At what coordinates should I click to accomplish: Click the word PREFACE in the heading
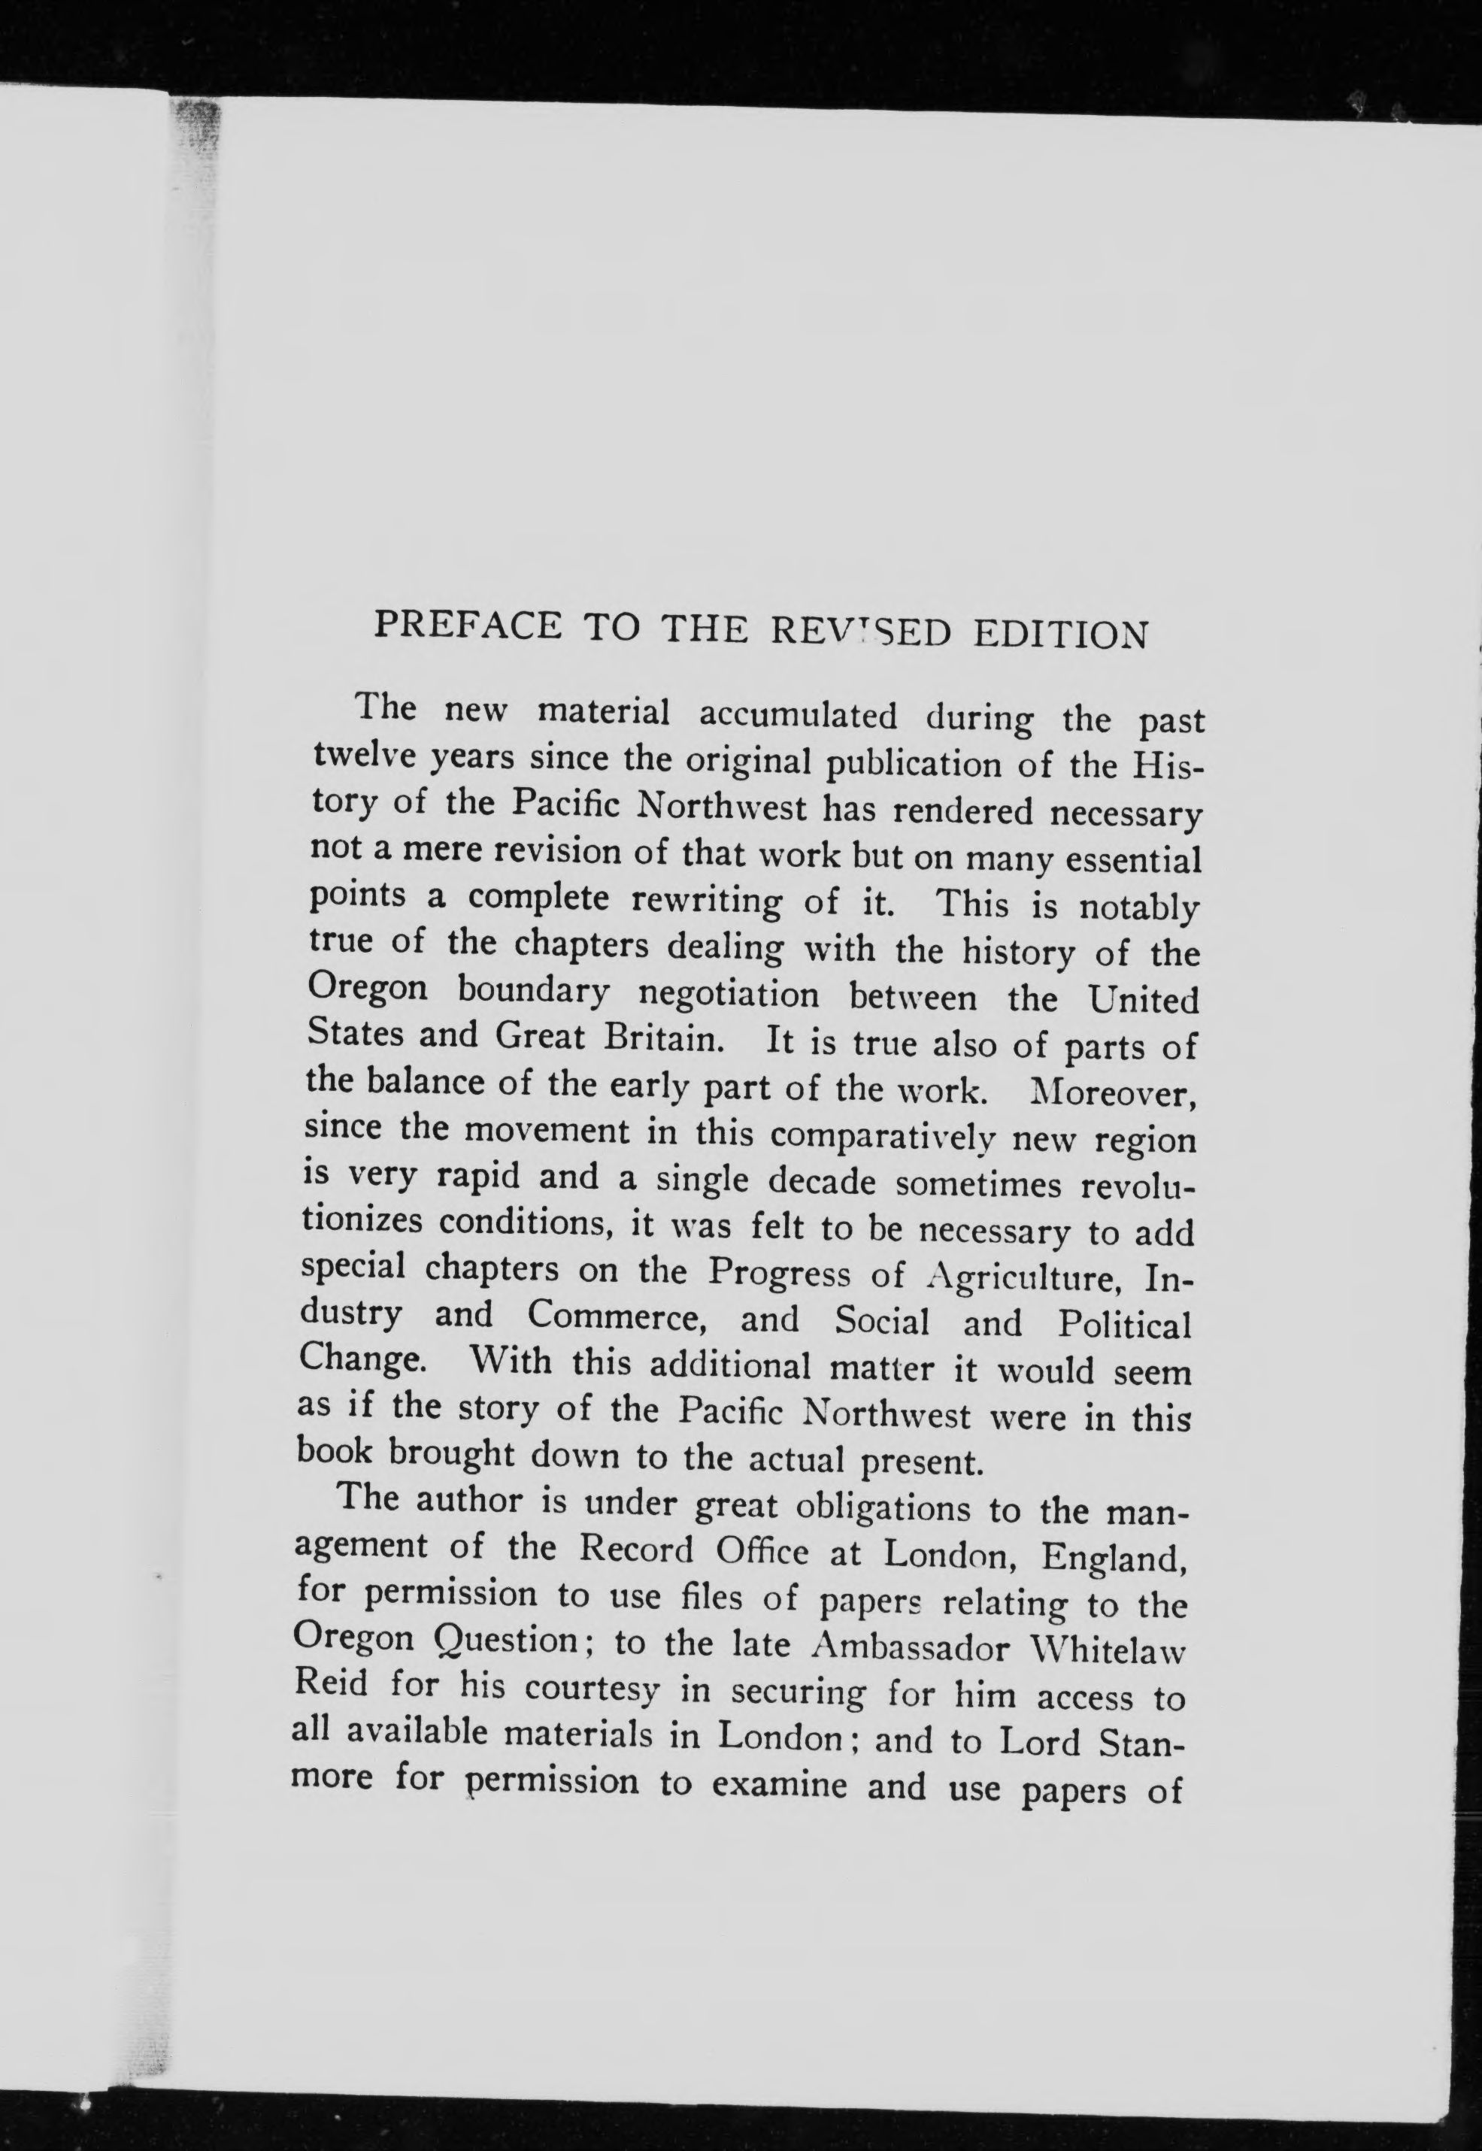467,624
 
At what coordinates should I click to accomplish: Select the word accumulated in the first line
798,716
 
